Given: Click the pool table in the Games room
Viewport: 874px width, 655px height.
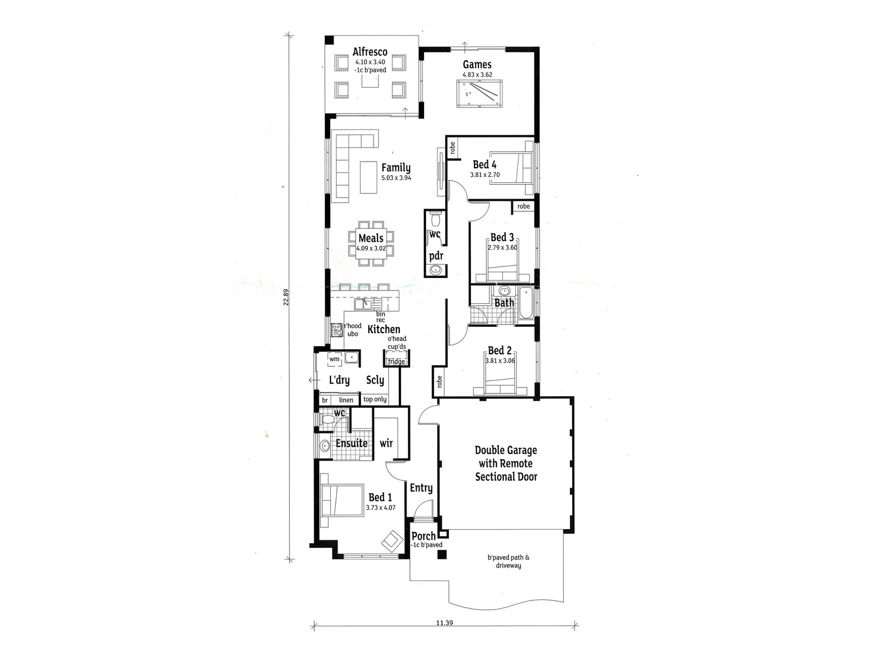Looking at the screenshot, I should [x=480, y=94].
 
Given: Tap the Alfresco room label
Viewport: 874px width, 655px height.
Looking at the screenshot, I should [x=370, y=52].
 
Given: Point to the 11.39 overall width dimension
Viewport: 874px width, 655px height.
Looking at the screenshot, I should [x=445, y=623].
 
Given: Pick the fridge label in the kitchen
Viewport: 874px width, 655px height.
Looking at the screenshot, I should [x=396, y=362].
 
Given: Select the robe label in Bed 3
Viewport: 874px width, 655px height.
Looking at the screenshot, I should [x=523, y=206].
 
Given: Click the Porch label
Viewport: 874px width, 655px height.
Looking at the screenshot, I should [x=423, y=536].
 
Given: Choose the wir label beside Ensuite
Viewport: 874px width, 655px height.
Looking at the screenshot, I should [x=386, y=443].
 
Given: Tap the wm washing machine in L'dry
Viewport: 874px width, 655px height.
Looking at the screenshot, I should [x=334, y=359].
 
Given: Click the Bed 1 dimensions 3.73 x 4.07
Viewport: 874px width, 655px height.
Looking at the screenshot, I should [x=380, y=508].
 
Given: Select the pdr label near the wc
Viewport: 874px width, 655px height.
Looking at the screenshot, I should [x=436, y=256].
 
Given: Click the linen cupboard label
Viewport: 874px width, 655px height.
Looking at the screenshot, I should [x=346, y=400].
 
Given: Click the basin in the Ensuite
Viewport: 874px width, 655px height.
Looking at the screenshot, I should [x=325, y=445].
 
